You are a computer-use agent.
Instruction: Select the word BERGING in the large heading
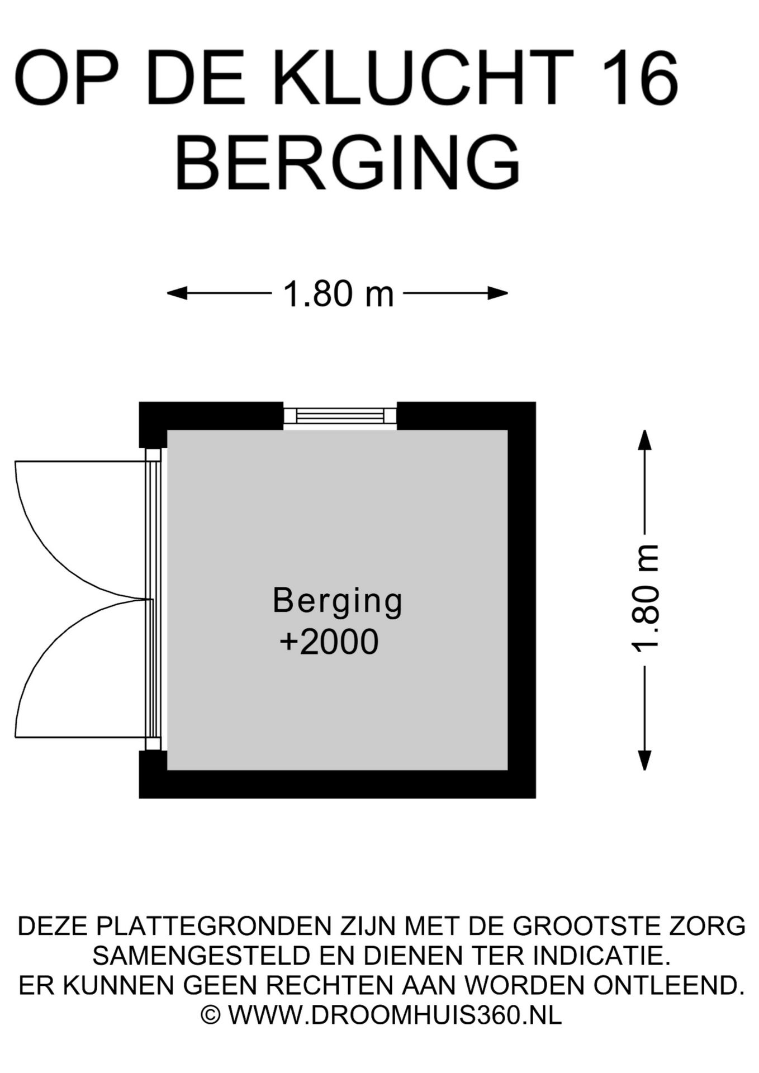pos(348,163)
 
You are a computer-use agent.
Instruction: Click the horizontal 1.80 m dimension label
pos(339,294)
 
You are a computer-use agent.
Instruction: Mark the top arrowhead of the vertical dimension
pos(645,439)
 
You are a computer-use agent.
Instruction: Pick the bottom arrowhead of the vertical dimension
pos(645,761)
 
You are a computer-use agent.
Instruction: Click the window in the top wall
pos(340,416)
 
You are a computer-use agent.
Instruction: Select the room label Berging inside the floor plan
pos(338,601)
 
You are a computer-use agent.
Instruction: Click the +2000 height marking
pos(329,642)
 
